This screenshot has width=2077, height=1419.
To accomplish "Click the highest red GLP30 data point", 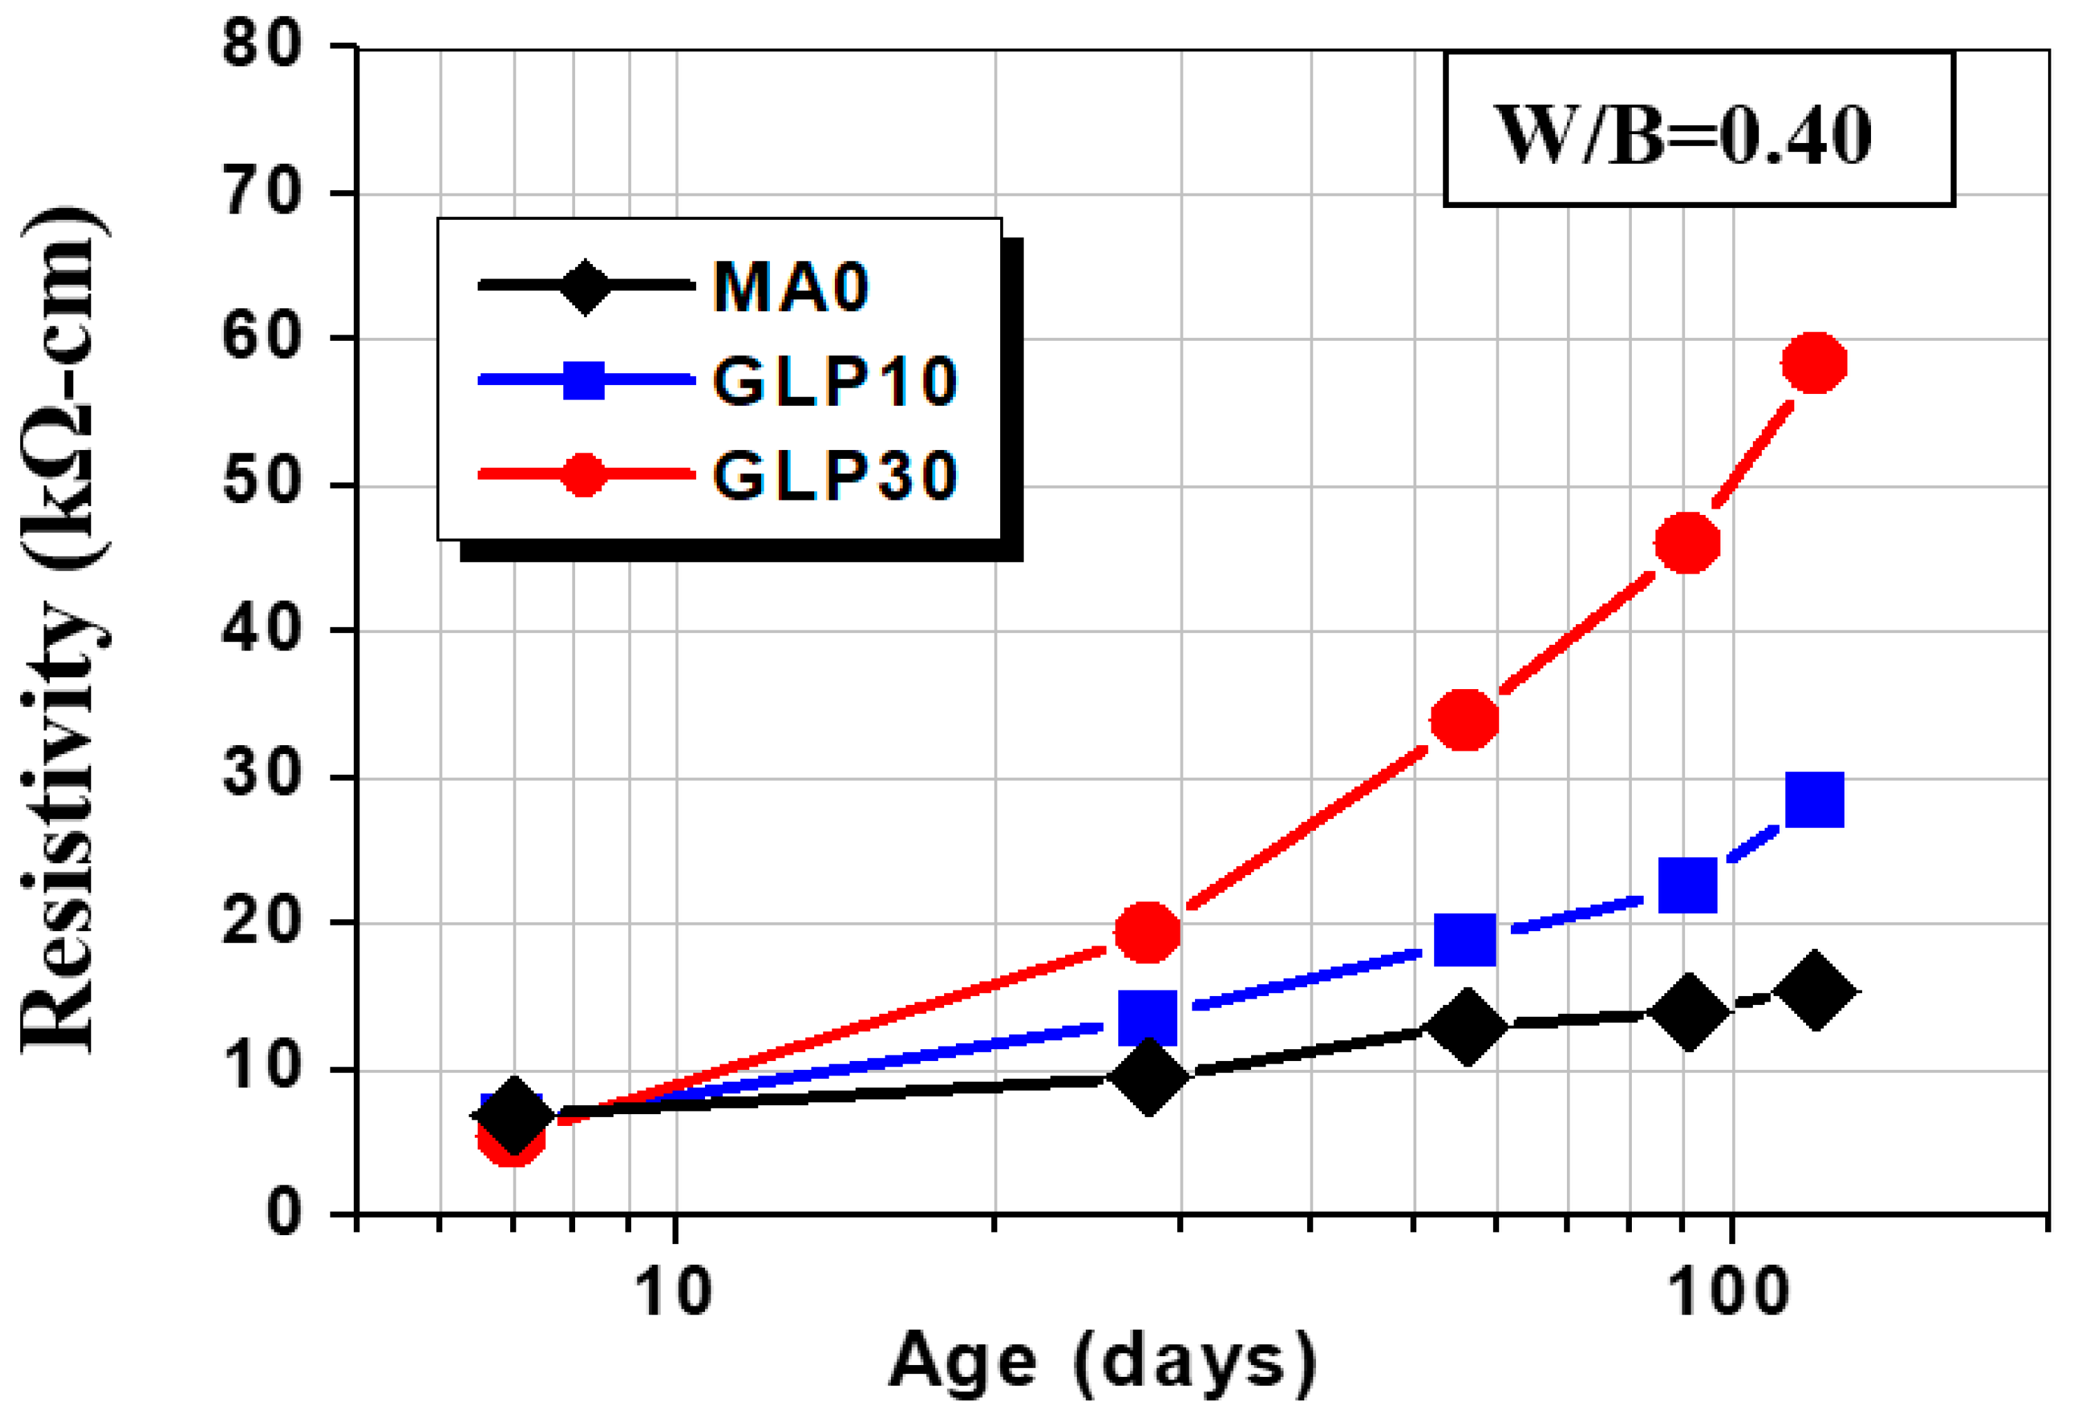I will pos(1814,363).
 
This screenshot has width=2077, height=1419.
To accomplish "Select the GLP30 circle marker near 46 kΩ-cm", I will pos(1687,543).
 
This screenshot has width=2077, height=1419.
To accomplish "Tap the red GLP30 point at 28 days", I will pos(1147,931).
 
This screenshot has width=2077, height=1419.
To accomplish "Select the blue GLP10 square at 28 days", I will pos(1147,1017).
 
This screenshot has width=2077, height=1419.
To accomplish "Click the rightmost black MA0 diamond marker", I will pos(1814,992).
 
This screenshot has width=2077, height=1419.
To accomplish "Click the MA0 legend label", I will pos(790,288).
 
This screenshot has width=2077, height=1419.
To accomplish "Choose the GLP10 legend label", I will pos(835,382).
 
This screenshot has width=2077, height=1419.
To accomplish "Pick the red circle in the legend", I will pos(583,474).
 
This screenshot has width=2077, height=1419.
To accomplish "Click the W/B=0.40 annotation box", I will pos(1699,129).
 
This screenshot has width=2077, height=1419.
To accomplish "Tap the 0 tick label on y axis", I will pos(284,1214).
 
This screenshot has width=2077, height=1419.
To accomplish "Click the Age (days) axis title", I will pos(1102,1364).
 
